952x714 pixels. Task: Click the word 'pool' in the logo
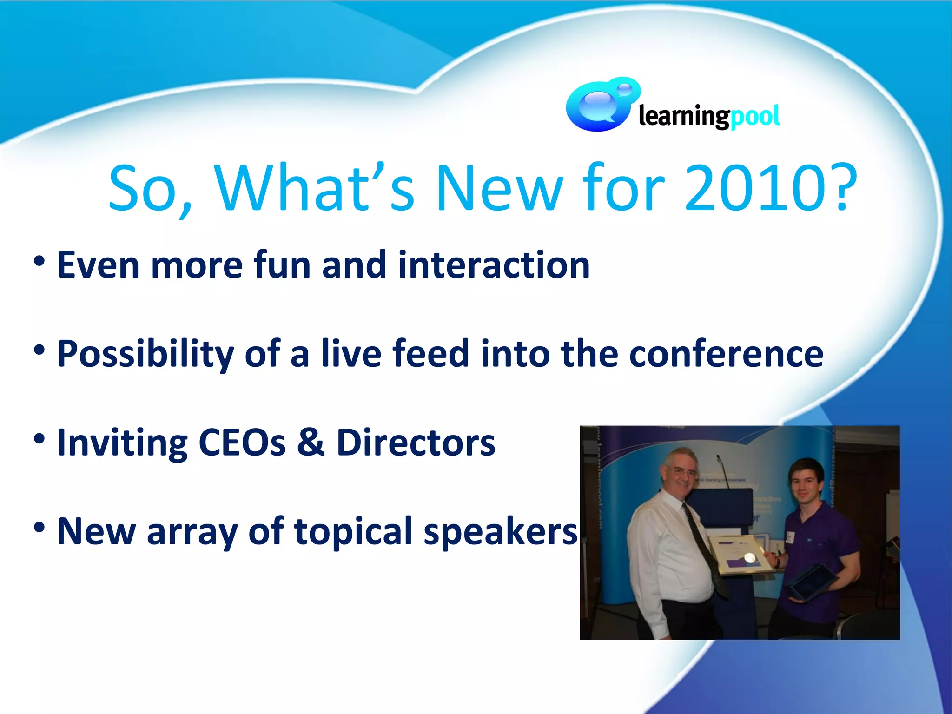[755, 116]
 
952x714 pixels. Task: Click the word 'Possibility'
[145, 354]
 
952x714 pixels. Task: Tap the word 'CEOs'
[242, 443]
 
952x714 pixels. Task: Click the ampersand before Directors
[311, 443]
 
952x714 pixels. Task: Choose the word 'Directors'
[416, 443]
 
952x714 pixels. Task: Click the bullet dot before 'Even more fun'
[40, 262]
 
